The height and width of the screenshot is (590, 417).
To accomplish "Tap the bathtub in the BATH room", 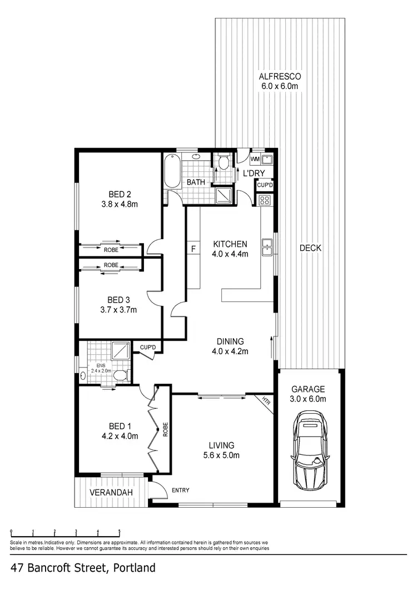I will pos(171,171).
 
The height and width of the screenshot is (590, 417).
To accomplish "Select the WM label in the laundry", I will pos(255,160).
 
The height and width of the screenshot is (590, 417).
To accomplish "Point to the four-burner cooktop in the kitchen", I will pos(265,201).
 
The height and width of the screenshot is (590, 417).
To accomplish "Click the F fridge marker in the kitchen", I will pos(193,249).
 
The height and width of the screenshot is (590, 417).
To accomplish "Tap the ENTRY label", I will pos(180,490).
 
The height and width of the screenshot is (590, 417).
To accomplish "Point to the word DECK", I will pos(310,248).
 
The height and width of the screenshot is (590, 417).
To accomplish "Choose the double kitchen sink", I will pos(267,247).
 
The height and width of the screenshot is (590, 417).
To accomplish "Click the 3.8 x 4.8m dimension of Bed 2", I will pos(120,204).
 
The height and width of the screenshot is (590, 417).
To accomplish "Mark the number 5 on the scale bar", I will pos(119,531).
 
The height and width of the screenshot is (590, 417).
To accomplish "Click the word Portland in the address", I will pos(134,568).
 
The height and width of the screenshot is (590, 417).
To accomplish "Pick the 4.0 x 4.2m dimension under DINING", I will pos(230,351).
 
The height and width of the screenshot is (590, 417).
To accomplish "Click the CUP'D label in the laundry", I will pos(265,185).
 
